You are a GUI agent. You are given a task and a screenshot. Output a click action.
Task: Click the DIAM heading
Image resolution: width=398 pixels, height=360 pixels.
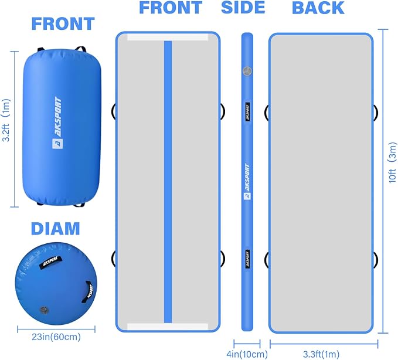coord(55,229)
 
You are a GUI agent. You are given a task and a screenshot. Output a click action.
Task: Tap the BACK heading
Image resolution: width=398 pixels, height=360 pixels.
coord(318,8)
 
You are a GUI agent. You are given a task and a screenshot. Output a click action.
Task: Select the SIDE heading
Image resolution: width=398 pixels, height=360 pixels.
coord(243,7)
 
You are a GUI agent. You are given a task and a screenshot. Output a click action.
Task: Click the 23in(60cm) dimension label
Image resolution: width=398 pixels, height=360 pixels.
coord(56,337)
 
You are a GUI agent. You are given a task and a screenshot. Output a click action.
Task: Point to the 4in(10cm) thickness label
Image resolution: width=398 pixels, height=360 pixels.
coord(247,354)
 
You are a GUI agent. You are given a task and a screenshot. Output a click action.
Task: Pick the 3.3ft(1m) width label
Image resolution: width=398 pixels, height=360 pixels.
coord(321,354)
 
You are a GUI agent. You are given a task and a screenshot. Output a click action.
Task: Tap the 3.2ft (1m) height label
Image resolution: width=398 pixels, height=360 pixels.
coord(6,120)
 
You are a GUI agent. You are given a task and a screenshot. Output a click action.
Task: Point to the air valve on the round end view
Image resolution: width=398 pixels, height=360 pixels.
coord(43,310)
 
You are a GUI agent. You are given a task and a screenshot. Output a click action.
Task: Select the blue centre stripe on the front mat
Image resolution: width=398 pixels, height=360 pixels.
coord(168,182)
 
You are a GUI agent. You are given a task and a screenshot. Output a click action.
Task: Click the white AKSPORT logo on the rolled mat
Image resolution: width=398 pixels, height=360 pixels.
coord(57,123)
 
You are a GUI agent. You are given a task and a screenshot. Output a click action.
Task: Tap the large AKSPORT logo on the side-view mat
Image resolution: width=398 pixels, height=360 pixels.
coord(247,182)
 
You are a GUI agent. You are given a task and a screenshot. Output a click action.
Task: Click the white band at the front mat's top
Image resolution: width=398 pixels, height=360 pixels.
coord(168,38)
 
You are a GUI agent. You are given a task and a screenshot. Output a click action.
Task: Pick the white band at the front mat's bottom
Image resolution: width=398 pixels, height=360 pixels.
coord(168,327)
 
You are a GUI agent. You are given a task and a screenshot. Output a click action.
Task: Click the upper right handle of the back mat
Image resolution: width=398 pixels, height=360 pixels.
coord(376,113)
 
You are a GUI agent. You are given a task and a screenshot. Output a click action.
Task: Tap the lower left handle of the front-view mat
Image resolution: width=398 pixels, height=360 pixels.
coord(113,259)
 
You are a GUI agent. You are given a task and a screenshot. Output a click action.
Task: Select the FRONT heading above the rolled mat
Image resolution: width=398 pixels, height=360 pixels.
coord(63,24)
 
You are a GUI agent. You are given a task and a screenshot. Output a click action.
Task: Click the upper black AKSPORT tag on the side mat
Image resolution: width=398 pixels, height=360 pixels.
coord(247,112)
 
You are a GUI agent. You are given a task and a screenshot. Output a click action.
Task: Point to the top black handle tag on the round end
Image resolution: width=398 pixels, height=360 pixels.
coord(50,261)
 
